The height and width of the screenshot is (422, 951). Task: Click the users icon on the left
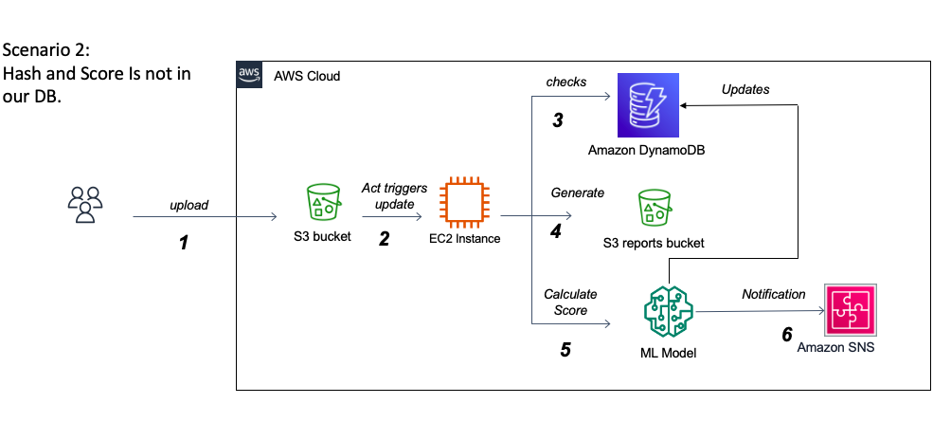coord(85,204)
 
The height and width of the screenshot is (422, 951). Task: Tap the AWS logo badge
coord(249,75)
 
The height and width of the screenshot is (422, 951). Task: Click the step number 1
coord(184,243)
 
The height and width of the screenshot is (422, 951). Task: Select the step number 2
coord(384,239)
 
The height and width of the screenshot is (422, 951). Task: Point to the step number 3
coord(559,120)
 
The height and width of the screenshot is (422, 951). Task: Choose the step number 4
coord(557,230)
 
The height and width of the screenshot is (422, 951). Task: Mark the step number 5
coord(565,349)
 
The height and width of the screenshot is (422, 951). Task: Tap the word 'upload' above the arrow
coord(189,205)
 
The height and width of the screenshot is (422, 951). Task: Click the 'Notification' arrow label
coord(773,295)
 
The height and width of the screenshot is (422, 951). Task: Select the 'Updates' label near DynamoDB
coord(745,89)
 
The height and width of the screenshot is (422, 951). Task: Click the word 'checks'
coord(567,82)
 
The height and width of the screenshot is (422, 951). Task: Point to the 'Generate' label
coord(577,193)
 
